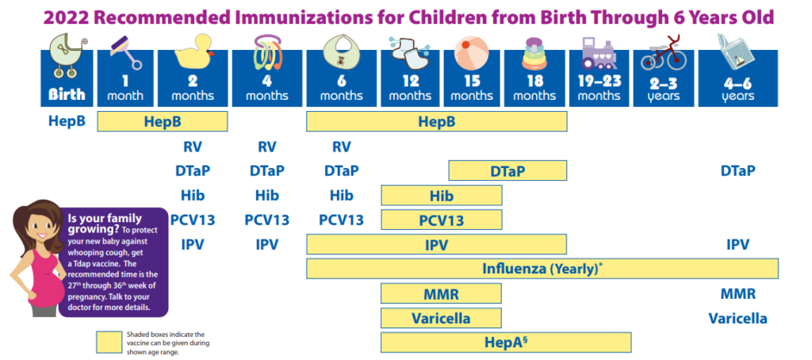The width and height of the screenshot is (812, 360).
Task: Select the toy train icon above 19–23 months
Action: (599, 54)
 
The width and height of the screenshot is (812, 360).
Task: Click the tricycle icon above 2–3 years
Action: (663, 54)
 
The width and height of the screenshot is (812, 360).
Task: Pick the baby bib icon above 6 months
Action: (341, 55)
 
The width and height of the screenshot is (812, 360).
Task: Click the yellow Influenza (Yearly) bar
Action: (542, 268)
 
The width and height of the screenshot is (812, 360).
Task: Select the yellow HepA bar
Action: (506, 342)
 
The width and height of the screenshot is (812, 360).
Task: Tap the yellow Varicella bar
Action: (441, 318)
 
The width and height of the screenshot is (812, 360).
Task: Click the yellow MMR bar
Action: (441, 293)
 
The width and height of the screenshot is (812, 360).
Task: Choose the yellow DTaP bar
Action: (507, 170)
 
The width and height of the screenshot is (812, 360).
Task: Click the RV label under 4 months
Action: (267, 146)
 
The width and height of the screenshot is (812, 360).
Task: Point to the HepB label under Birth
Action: (67, 121)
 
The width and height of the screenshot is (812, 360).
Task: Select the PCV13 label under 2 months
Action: (193, 220)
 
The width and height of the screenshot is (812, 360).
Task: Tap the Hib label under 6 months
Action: (341, 195)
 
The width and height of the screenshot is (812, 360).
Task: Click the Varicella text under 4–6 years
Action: (737, 318)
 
